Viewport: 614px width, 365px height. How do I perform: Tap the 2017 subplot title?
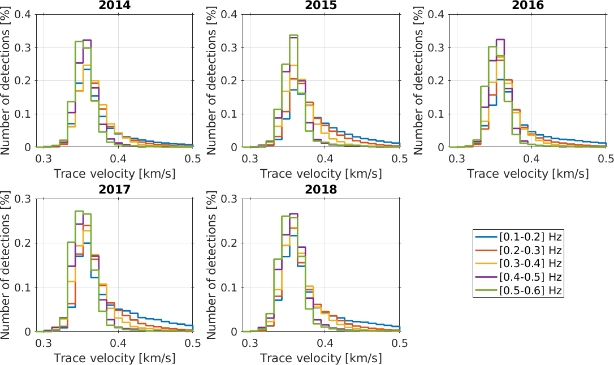(114, 190)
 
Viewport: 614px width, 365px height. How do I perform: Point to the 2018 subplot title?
(321, 190)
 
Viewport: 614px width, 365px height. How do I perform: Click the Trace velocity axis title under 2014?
(114, 173)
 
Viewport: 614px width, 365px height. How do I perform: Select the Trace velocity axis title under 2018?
(321, 358)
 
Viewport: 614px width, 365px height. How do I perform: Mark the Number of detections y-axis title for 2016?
(418, 80)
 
